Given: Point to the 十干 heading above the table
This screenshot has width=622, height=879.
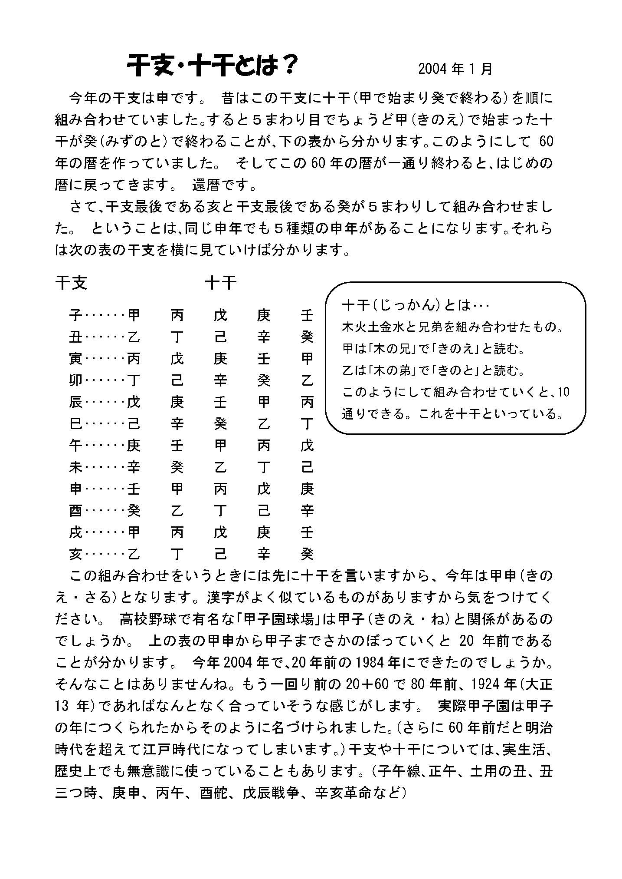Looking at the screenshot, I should coord(221,283).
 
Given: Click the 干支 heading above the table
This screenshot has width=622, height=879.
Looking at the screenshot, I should coord(71,283).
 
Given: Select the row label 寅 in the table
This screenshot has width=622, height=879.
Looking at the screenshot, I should coord(75,359).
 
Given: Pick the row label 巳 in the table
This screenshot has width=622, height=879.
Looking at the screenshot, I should coord(75,424).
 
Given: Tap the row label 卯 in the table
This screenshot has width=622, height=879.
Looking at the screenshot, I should coord(75,380).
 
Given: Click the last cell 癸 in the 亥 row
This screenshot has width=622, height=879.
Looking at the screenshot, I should coord(307,554).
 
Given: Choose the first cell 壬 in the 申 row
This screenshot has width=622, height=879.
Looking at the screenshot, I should coord(134,489).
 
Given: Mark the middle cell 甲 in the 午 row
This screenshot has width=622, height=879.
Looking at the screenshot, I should coord(220,446).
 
